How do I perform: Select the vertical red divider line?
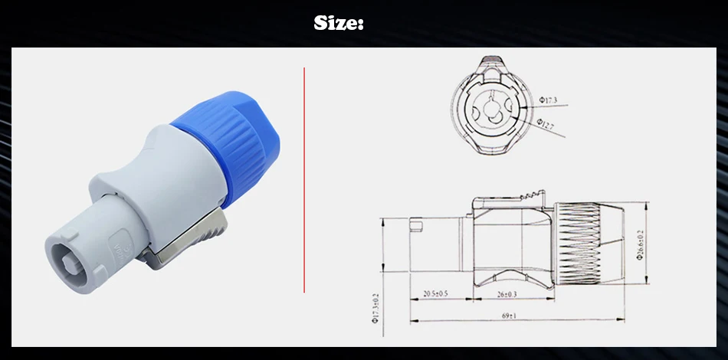[304, 179]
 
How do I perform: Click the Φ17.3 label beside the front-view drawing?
[548, 100]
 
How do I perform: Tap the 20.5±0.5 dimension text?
[435, 293]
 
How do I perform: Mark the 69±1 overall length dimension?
[519, 316]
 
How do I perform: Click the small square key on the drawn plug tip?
[416, 227]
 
